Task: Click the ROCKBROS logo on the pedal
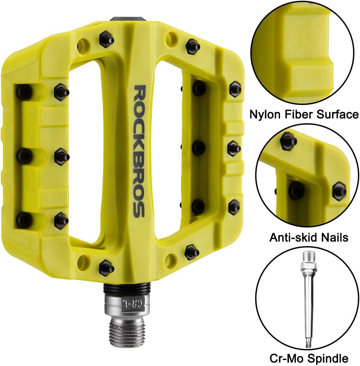coord(139,151)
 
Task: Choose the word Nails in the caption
coord(335,238)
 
